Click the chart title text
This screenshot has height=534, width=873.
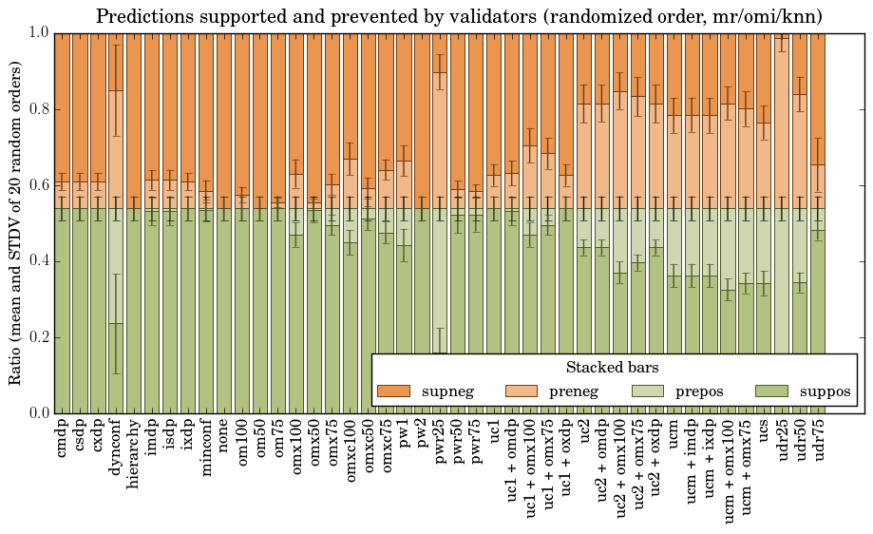click(459, 16)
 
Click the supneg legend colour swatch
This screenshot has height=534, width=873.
click(392, 391)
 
